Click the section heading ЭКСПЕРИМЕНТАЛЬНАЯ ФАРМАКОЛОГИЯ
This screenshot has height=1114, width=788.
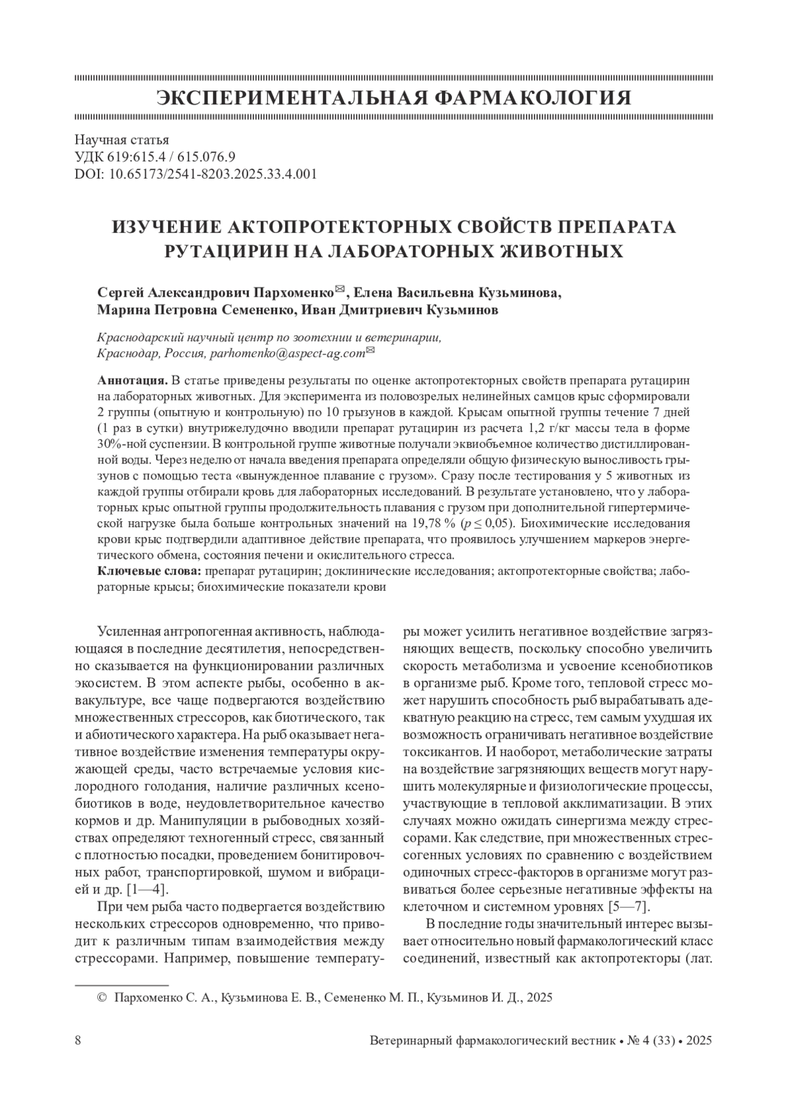(x=394, y=98)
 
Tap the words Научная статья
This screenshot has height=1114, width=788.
(x=122, y=140)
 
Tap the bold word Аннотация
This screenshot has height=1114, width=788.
(x=131, y=380)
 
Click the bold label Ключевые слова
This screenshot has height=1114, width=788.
(x=150, y=571)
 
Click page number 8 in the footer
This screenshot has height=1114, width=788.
(x=79, y=1040)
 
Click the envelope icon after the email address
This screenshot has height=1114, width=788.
(x=370, y=351)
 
